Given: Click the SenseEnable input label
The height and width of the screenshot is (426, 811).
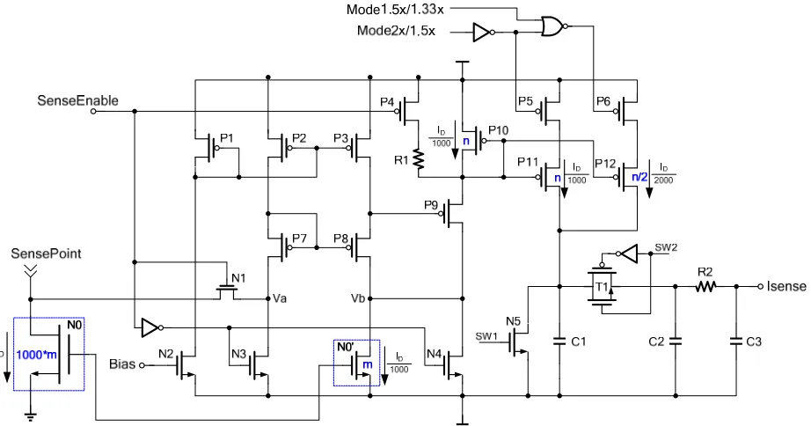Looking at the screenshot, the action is (77, 100).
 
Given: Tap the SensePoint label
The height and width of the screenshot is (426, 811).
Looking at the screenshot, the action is (47, 253).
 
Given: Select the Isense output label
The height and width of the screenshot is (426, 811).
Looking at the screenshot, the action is (786, 286).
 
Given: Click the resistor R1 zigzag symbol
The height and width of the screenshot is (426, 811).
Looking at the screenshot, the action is (418, 160).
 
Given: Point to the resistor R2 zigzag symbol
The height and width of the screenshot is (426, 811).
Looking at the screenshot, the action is (705, 286).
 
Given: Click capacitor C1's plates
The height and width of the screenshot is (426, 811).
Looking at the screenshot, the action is (559, 342).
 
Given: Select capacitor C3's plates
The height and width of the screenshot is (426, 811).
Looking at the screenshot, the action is (736, 342).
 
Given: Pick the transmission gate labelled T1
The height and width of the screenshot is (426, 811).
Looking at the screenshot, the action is (602, 286).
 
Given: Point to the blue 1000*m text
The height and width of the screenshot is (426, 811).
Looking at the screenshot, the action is (36, 355).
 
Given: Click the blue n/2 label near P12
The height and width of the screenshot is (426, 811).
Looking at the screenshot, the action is (639, 177).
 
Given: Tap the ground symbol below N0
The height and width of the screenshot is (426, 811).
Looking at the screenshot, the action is (31, 415).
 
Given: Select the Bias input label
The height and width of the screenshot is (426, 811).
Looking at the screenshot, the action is (122, 364).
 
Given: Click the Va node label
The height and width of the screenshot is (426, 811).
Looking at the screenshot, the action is (280, 298).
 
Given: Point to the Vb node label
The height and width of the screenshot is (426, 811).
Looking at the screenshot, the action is (358, 298).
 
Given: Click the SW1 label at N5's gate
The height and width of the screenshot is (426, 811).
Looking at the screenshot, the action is (486, 336).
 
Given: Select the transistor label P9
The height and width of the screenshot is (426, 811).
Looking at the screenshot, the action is (431, 205).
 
